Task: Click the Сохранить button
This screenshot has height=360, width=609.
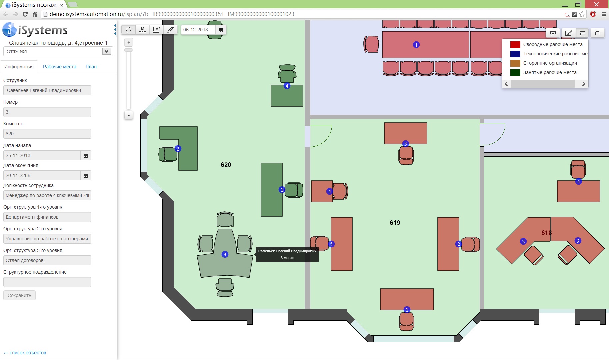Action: pos(19,295)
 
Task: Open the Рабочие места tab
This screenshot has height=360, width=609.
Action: pos(60,67)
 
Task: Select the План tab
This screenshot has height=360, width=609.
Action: pos(91,67)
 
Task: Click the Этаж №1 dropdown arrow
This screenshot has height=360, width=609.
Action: pos(106,51)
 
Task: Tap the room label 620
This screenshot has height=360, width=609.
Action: pos(226,165)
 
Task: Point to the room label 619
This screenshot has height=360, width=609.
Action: pos(395,223)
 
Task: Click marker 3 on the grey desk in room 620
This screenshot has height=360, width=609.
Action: pos(225,254)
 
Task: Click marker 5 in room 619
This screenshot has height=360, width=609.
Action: pos(331,244)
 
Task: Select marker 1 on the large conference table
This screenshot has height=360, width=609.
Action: pos(416,45)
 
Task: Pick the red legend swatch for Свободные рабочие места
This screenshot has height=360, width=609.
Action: pos(515,45)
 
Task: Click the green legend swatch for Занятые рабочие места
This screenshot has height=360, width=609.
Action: pos(515,73)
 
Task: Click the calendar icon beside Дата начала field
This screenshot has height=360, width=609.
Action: pos(86,155)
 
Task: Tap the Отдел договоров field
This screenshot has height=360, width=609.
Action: pos(47,260)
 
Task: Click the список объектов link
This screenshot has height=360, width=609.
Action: pos(25,353)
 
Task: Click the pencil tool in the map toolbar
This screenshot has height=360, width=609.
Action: pos(170,30)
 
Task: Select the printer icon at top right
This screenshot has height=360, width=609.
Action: pos(553,33)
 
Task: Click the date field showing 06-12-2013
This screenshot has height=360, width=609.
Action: pos(198,30)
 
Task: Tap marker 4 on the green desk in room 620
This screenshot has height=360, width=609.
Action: pos(287,86)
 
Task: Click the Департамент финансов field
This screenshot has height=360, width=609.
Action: pos(47,217)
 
